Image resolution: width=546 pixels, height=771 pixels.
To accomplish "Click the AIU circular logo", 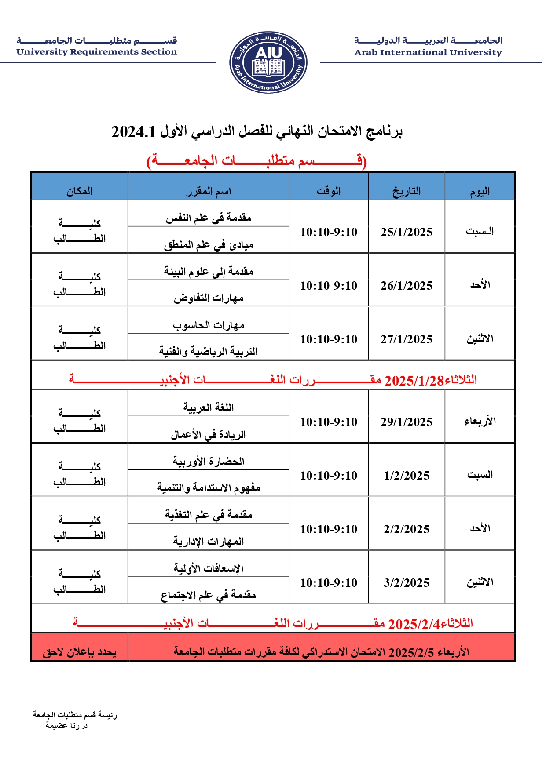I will pos(268,62).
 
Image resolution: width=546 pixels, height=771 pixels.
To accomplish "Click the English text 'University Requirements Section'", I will pos(97,52).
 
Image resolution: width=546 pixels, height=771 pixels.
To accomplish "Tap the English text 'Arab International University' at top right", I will pos(428,52).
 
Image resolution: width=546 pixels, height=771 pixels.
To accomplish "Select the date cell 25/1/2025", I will pos(407,232).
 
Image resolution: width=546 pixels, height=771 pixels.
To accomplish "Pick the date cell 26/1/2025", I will pos(407,286).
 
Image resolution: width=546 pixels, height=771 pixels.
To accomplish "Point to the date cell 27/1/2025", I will pos(407,339).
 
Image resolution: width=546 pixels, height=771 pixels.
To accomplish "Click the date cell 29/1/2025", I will pos(407,422).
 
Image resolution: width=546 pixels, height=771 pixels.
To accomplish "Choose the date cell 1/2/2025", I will pos(407,476).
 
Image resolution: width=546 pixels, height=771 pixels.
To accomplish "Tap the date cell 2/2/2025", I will pos(407,529).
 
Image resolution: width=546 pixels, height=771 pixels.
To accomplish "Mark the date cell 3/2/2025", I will pos(407,583).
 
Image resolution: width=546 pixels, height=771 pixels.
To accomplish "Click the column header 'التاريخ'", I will pos(407,191).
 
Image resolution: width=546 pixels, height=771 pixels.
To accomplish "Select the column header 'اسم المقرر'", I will pos(209,191).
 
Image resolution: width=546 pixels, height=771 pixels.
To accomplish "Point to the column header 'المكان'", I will pos(80,191).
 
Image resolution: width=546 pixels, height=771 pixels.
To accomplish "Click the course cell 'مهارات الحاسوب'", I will pos(209,326).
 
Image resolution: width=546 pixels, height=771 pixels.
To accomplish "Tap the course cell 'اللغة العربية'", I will pos(209,408).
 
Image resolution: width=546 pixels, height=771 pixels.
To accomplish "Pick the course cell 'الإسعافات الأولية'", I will pos(209,569).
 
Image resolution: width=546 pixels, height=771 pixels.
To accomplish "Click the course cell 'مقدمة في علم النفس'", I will pos(209,218).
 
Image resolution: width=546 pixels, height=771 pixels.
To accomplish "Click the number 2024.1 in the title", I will pos(134,132).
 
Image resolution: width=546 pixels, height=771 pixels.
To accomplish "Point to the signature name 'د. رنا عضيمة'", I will pos(67,725).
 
